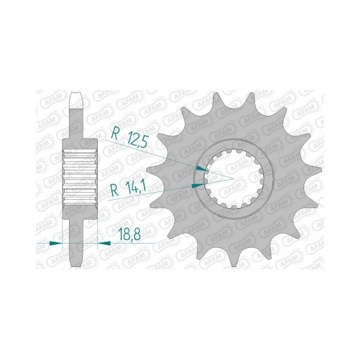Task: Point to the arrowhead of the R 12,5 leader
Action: pos(206,170)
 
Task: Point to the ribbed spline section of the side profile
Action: pos(80,175)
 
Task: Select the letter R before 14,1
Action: pos(115,192)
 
